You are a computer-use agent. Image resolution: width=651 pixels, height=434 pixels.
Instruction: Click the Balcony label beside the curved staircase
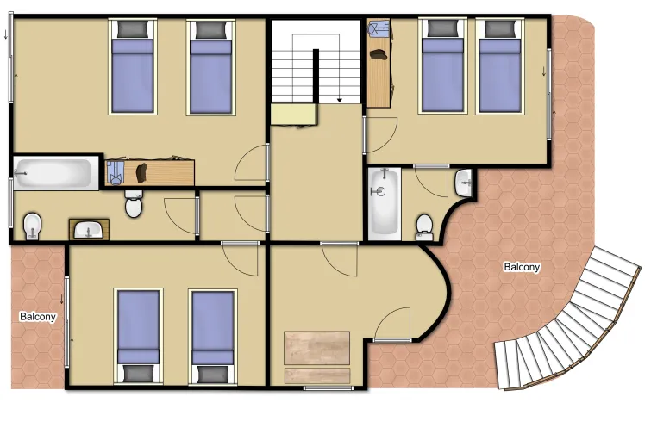pyautogui.click(x=522, y=267)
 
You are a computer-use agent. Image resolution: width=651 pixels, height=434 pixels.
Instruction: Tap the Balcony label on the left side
pyautogui.click(x=38, y=317)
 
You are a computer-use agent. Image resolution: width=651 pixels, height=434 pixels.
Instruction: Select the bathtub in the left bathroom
pyautogui.click(x=54, y=174)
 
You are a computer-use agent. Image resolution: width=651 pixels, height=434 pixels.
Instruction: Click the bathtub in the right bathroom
pyautogui.click(x=384, y=202)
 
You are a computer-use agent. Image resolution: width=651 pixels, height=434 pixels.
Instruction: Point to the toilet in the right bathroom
pyautogui.click(x=424, y=226)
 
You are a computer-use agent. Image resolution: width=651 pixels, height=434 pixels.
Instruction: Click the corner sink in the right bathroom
pyautogui.click(x=464, y=182)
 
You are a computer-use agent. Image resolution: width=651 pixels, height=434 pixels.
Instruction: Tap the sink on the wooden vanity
pyautogui.click(x=89, y=230)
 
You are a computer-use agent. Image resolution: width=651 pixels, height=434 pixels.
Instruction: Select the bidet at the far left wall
pyautogui.click(x=31, y=226)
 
